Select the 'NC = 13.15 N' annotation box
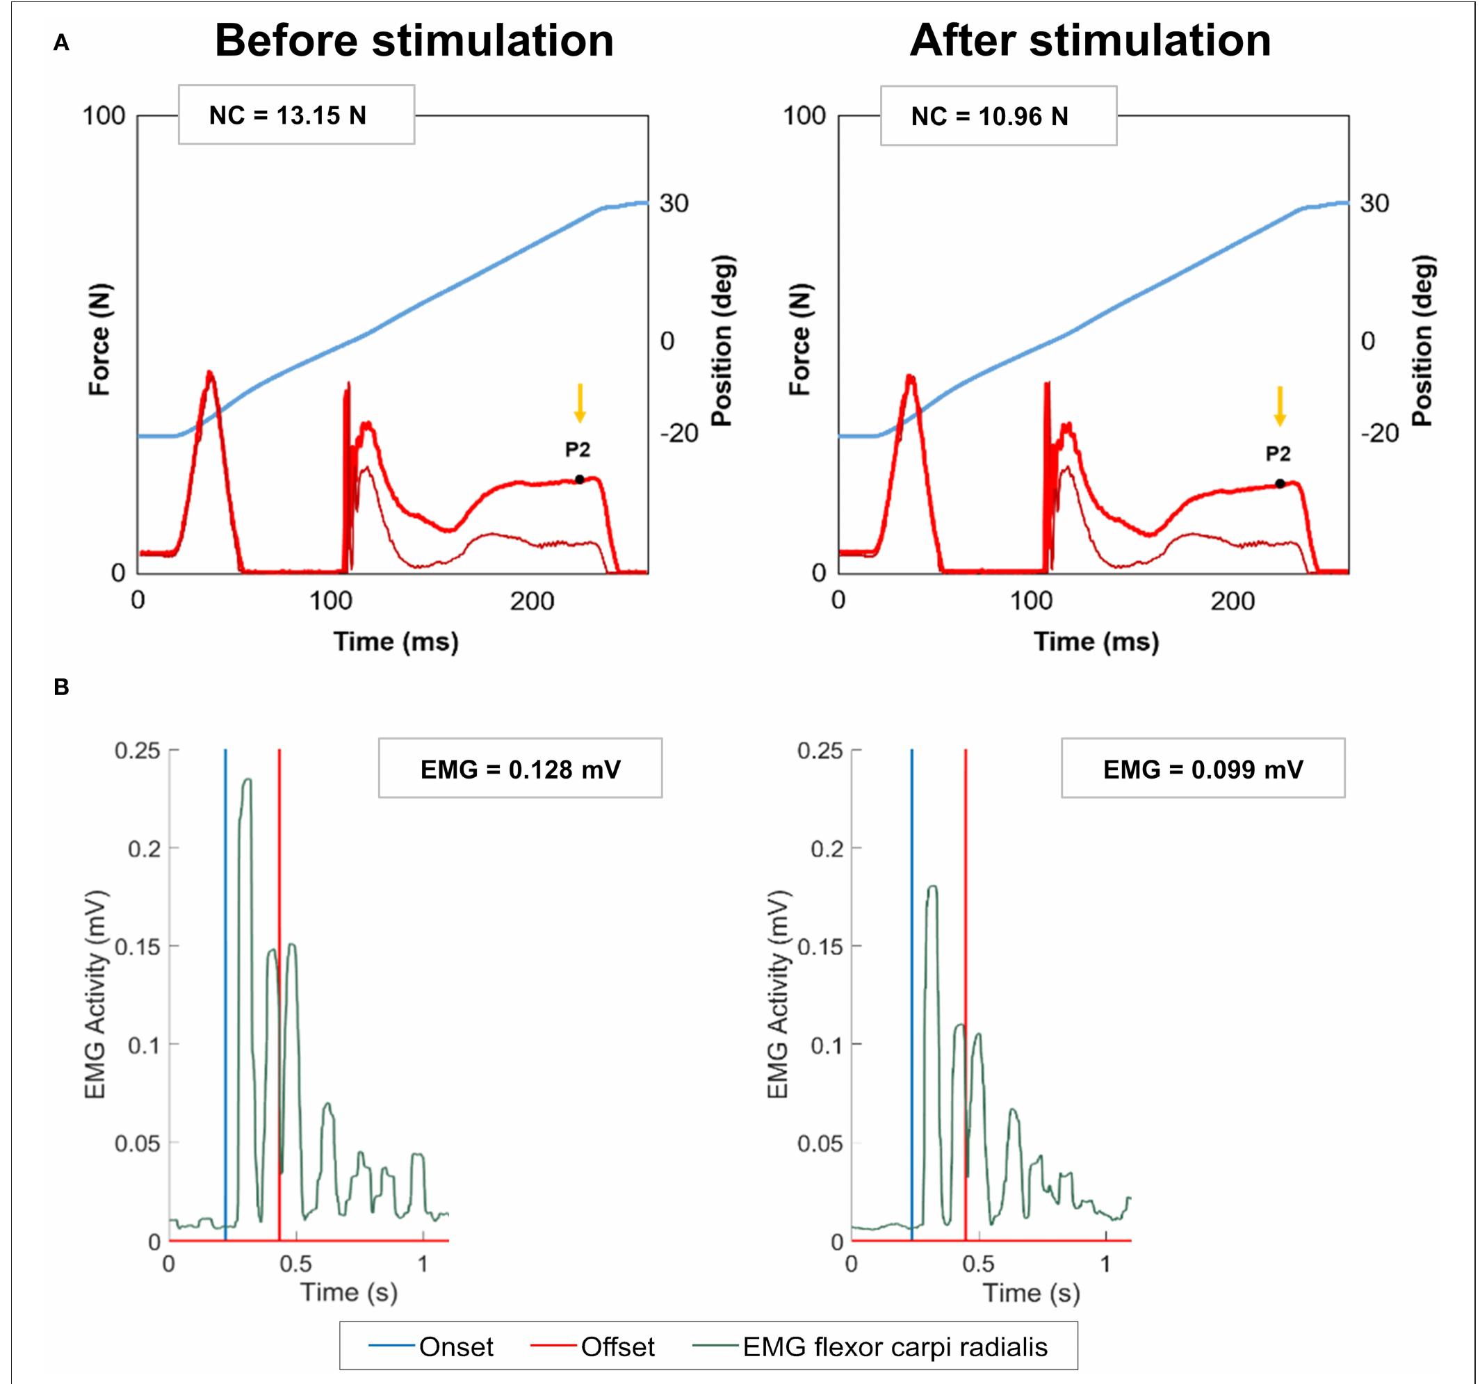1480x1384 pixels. [296, 115]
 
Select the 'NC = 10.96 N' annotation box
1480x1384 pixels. [998, 115]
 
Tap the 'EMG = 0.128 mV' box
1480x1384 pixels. [521, 768]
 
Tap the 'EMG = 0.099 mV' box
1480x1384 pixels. [1203, 768]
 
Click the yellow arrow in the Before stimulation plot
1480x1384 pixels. [580, 402]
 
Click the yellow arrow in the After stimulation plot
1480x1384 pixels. [1280, 407]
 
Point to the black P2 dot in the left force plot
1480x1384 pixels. [579, 480]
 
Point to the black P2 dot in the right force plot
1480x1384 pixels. [1280, 484]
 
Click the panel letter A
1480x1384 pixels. [61, 43]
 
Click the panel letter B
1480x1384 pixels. [61, 687]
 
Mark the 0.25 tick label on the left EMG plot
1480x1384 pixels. [138, 751]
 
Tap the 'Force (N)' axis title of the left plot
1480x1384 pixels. [99, 339]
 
